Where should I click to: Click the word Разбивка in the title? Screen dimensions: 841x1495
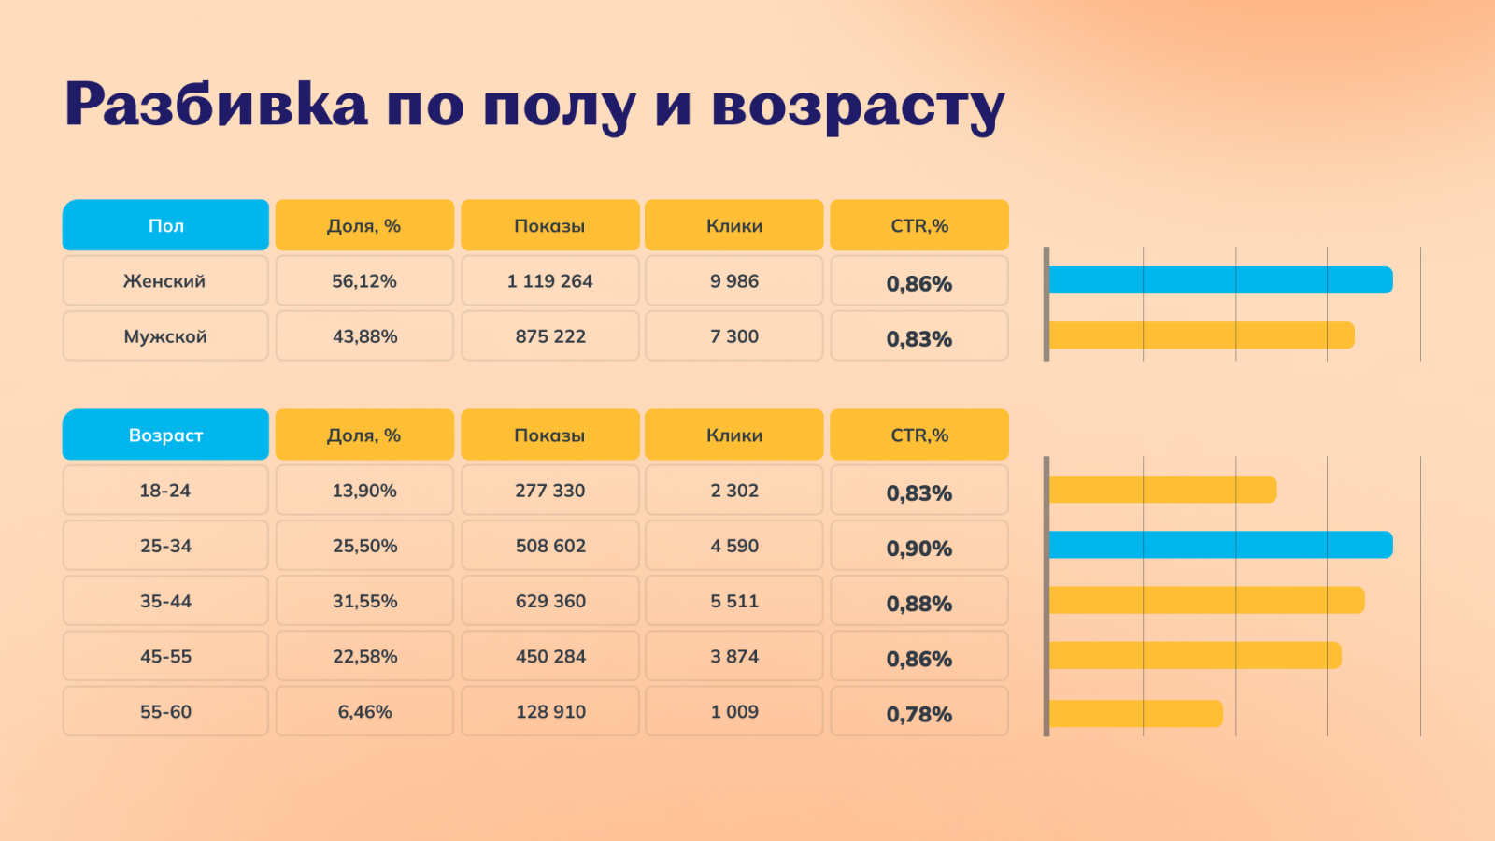click(216, 104)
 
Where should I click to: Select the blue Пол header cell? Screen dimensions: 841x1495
click(165, 225)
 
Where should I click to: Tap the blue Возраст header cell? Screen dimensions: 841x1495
click(165, 435)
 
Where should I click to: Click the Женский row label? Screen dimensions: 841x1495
click(164, 280)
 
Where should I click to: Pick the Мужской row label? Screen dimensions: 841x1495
click(165, 336)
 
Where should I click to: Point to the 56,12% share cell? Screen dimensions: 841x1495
click(364, 280)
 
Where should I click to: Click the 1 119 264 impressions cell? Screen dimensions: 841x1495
click(549, 280)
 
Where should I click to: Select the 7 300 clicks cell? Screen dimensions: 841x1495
click(734, 336)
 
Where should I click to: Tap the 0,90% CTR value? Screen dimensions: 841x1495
click(919, 549)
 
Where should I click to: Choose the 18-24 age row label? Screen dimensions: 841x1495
click(165, 491)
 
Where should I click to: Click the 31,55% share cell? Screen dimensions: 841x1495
click(364, 601)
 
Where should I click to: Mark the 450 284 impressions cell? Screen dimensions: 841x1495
click(550, 656)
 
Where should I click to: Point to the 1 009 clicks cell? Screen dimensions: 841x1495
click(734, 711)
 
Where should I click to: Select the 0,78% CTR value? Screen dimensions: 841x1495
click(919, 714)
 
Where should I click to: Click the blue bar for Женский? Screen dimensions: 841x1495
click(1220, 279)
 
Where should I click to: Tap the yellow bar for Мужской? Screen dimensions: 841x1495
click(1202, 335)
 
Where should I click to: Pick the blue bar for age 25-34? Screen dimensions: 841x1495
click(1220, 545)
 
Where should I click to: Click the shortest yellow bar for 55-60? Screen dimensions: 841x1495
click(1135, 713)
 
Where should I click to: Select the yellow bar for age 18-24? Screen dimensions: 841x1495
click(1162, 490)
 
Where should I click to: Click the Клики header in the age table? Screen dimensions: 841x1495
click(734, 435)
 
